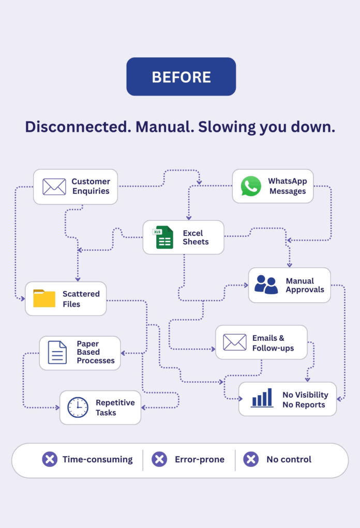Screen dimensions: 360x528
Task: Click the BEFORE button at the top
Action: coord(181,77)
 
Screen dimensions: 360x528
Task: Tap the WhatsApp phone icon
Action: coord(251,186)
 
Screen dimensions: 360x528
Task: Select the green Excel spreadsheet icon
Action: coord(163,237)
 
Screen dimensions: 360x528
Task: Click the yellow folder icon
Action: coord(44,298)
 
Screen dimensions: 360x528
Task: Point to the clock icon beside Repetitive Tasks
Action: coord(78,407)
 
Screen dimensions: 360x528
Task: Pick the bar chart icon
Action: coord(262,398)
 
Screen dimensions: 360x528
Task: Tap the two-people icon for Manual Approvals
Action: coord(266,284)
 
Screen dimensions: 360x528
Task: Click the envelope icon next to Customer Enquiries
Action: coord(54,187)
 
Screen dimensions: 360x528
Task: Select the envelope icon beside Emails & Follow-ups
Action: coord(235,342)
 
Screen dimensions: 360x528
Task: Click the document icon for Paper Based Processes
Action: coord(57,352)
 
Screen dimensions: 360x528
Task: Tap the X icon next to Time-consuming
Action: coord(50,459)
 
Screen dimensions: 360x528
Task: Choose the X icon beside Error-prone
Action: coord(159,459)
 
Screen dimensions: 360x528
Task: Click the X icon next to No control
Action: coord(251,459)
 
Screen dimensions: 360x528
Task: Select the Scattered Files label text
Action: coord(81,299)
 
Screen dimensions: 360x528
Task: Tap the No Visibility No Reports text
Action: coord(305,399)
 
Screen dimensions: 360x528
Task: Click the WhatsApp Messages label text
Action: coord(288,186)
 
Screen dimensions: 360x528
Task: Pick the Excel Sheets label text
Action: coord(196,237)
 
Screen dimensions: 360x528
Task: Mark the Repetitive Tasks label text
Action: coord(115,408)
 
